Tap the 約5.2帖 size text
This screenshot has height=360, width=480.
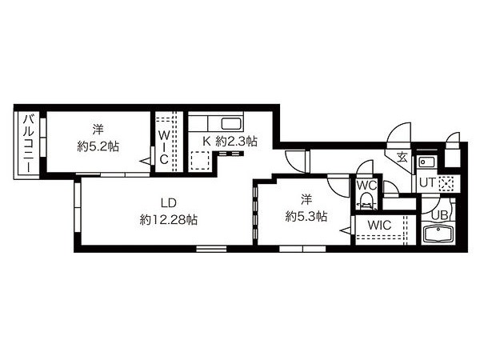coord(98,147)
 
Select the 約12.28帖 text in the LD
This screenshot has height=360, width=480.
coord(168,220)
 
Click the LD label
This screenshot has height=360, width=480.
coord(168,202)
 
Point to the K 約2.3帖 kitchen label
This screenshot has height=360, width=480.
coord(230,141)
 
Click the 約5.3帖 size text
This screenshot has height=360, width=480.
coord(306,217)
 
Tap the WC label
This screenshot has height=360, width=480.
coord(366,186)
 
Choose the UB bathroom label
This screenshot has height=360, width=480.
coord(439,215)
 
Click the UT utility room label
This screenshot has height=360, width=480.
coord(426,182)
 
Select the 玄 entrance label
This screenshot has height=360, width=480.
coord(402,158)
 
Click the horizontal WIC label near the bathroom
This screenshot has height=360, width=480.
coord(379,225)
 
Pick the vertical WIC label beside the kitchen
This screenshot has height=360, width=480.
coord(164,147)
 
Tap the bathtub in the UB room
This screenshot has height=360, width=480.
coord(438,234)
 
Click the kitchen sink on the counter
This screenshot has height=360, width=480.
coord(232,124)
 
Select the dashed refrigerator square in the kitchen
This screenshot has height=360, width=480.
coord(199,161)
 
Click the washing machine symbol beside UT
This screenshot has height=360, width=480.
coord(446,184)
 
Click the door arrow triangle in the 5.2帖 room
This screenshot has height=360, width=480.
coord(145,161)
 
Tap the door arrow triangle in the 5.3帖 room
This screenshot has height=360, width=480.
coord(346,230)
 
